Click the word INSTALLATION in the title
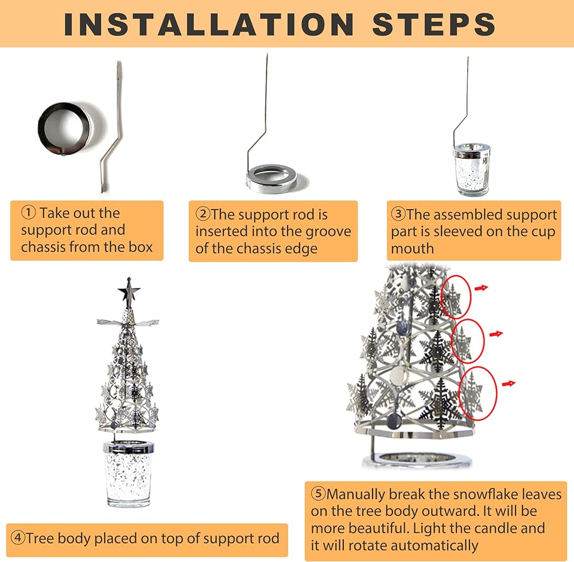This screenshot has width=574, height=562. point(209,24)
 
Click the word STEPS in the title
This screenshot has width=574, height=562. point(434,24)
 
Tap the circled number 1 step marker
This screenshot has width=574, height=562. point(29,213)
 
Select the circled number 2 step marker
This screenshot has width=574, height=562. point(203,214)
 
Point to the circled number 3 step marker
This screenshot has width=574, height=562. point(398,214)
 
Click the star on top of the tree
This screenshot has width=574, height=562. point(129,291)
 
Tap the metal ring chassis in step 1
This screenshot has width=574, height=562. point(65,129)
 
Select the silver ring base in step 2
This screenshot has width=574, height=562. point(271,178)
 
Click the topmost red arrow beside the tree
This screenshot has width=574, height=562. point(482,288)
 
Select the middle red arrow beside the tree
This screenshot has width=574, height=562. point(496,334)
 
